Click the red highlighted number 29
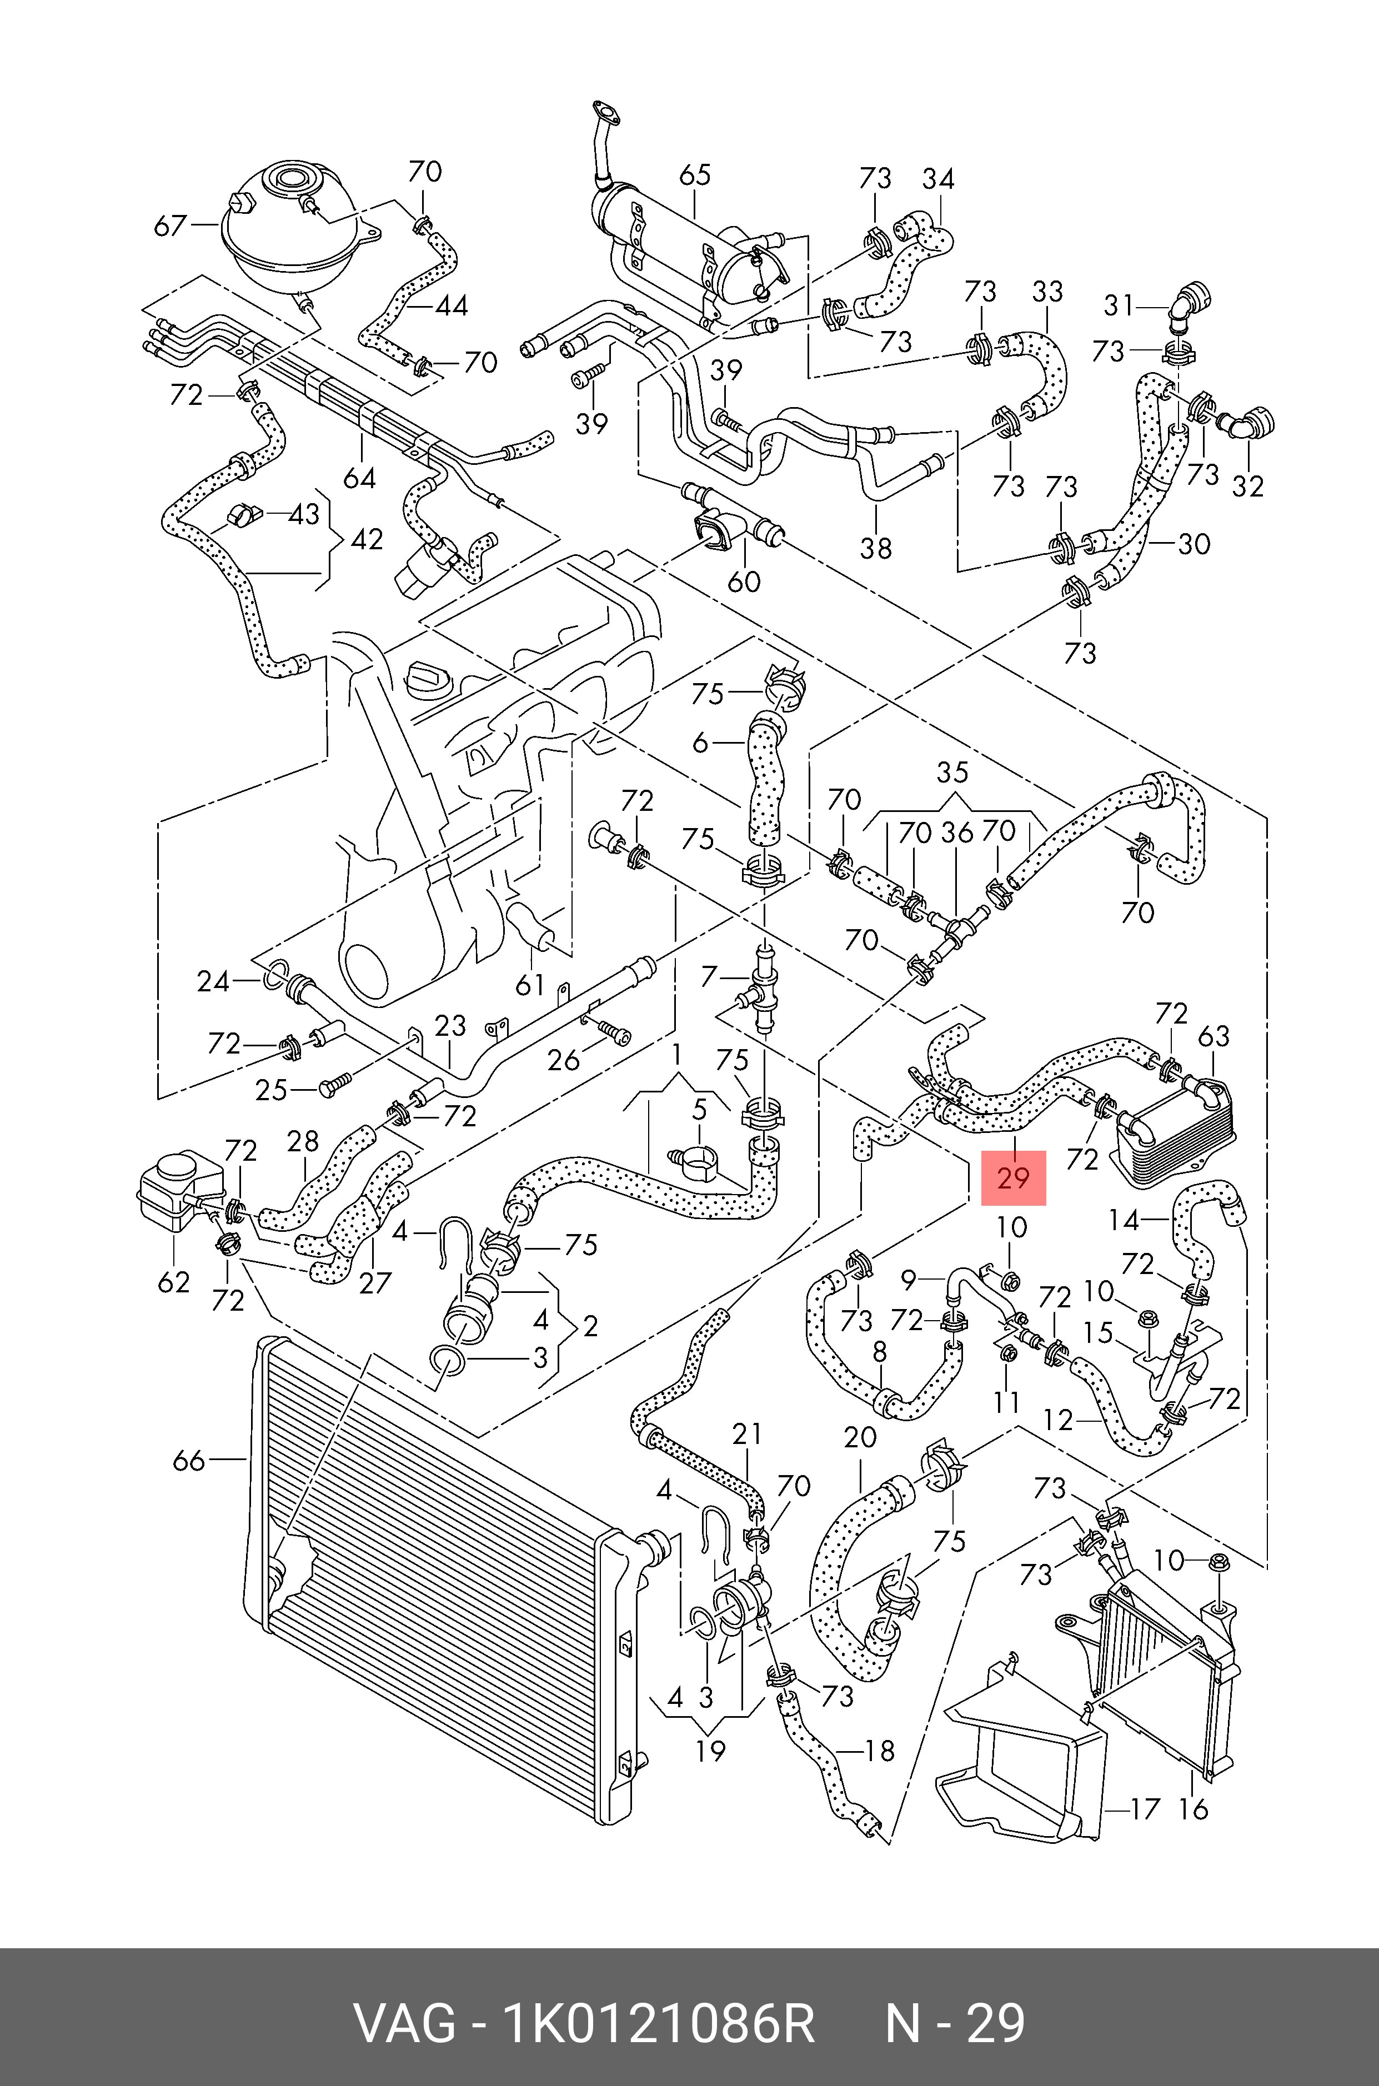coord(1013,1177)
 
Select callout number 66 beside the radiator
coord(189,1461)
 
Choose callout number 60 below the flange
coord(744,581)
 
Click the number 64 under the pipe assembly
coord(360,478)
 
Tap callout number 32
coord(1247,487)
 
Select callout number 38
coord(876,548)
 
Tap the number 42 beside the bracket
coord(367,539)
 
